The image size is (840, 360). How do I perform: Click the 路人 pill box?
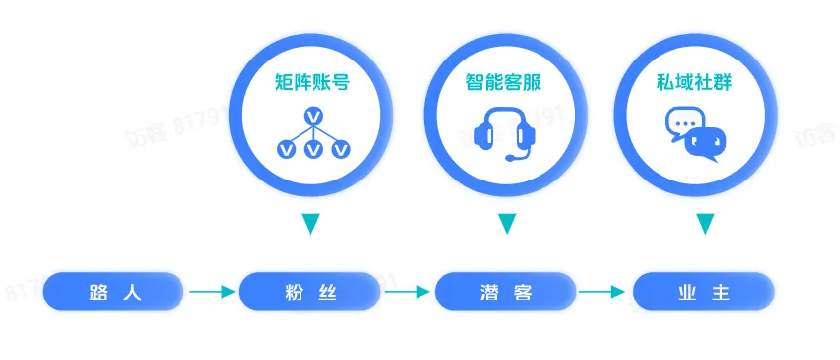point(113,292)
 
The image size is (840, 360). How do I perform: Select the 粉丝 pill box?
point(309,292)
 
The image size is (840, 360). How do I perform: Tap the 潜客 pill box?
point(506,292)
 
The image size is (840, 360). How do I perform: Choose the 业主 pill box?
point(703,292)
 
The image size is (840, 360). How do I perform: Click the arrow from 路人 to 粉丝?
point(211,292)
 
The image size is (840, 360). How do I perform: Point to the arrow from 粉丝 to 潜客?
point(408,292)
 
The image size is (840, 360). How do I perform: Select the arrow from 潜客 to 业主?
point(604,292)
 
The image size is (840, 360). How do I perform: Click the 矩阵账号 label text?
point(312,83)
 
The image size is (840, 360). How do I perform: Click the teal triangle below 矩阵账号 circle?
point(310,224)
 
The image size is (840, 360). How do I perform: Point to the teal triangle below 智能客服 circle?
point(507,224)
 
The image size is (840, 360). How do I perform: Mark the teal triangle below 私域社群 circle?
point(704,224)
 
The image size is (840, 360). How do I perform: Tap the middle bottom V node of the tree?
point(313,149)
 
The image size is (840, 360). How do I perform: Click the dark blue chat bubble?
point(707,145)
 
